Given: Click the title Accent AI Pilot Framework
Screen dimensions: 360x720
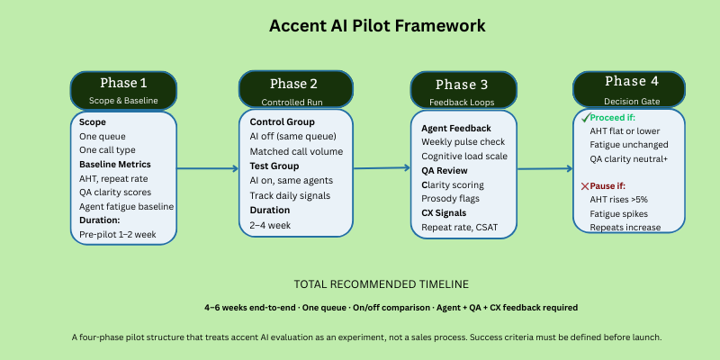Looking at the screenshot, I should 377,25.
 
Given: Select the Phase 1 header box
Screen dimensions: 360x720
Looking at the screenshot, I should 122,89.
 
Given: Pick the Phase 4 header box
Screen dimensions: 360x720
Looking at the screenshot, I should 625,88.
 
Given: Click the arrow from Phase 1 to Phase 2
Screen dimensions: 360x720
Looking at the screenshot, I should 206,168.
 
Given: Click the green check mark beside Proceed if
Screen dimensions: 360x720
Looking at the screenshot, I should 584,118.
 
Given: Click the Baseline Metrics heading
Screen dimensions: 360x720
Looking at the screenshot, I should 114,164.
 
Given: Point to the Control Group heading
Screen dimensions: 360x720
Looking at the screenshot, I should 281,121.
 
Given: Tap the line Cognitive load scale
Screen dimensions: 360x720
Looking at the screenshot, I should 463,157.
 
